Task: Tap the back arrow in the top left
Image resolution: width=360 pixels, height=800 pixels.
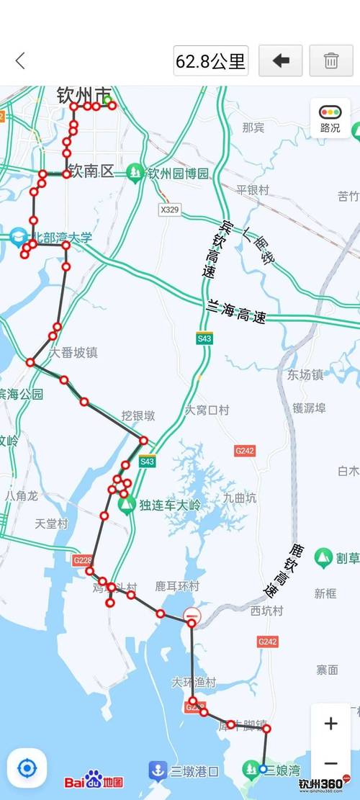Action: tap(20, 60)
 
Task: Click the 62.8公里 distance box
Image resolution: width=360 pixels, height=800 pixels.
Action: tap(211, 60)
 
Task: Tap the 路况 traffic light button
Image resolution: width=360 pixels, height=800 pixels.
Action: tap(330, 119)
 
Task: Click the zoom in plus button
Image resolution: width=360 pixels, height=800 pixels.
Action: tap(330, 723)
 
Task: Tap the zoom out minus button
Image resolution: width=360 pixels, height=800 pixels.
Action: tap(330, 763)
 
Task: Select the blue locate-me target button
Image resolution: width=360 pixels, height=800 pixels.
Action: tap(27, 768)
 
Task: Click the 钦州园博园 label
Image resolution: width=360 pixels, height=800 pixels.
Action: tap(177, 173)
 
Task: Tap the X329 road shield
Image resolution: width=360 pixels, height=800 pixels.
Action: tap(169, 210)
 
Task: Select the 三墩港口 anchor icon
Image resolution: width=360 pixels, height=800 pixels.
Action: tap(158, 770)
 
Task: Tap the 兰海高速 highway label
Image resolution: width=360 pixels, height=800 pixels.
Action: tap(236, 312)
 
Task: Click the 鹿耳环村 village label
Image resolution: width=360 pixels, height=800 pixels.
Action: tap(177, 587)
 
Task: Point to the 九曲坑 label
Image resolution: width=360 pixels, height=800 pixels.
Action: tap(239, 498)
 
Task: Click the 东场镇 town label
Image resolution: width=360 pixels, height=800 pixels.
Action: tap(305, 374)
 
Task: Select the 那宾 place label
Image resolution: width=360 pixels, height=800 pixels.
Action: tap(253, 127)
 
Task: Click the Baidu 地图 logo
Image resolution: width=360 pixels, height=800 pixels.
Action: tap(94, 781)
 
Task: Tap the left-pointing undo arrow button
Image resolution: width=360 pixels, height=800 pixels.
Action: tap(281, 60)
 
